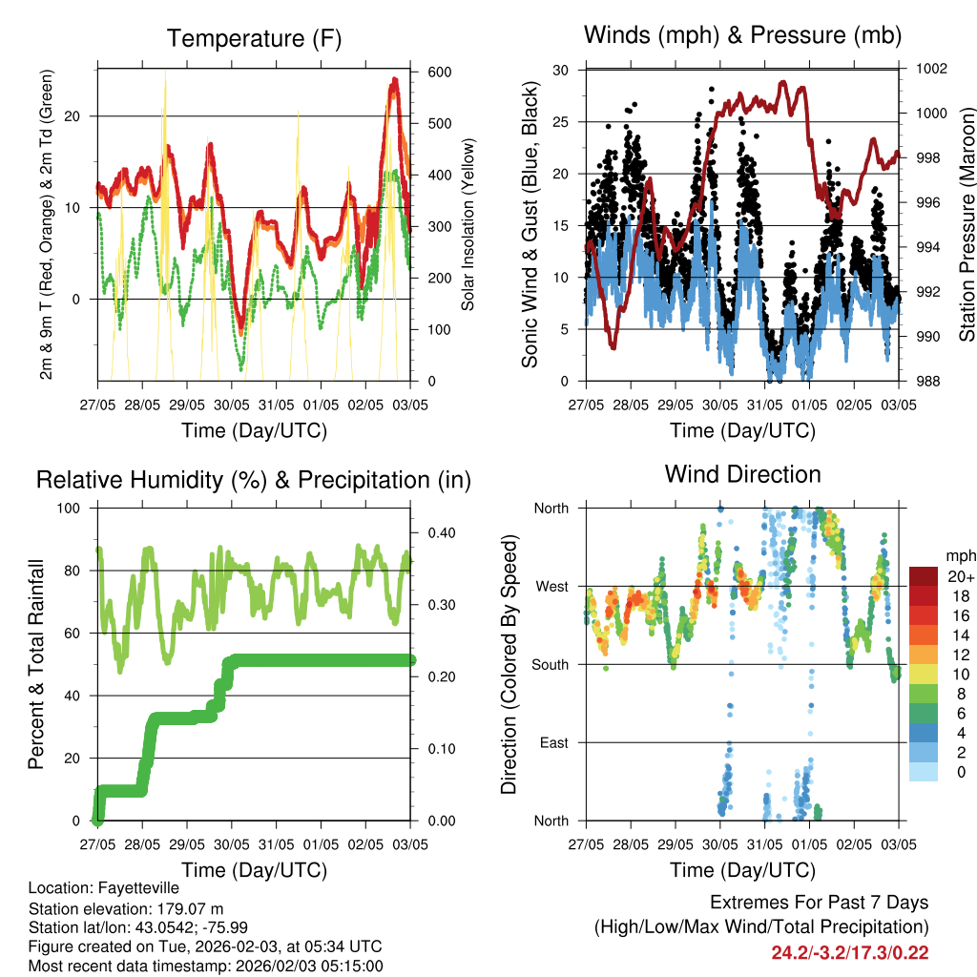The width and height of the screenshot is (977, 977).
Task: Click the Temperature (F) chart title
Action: tap(253, 39)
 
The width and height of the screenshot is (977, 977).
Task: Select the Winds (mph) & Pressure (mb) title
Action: tap(742, 36)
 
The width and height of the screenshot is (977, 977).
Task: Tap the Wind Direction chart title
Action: tap(742, 474)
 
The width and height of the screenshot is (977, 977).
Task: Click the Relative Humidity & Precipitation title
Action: tap(253, 480)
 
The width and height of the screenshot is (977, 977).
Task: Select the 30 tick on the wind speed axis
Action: tap(561, 70)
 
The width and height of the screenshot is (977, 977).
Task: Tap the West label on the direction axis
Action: tap(551, 586)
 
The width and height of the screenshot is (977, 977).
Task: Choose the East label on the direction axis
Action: tap(553, 742)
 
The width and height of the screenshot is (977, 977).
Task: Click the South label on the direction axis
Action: tap(551, 664)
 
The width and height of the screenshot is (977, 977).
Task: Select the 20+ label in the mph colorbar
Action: tap(960, 576)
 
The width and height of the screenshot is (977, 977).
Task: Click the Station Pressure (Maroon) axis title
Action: tap(967, 222)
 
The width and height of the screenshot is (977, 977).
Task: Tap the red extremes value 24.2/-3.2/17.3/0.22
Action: tap(850, 952)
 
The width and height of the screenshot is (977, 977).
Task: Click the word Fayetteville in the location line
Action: tap(133, 888)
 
